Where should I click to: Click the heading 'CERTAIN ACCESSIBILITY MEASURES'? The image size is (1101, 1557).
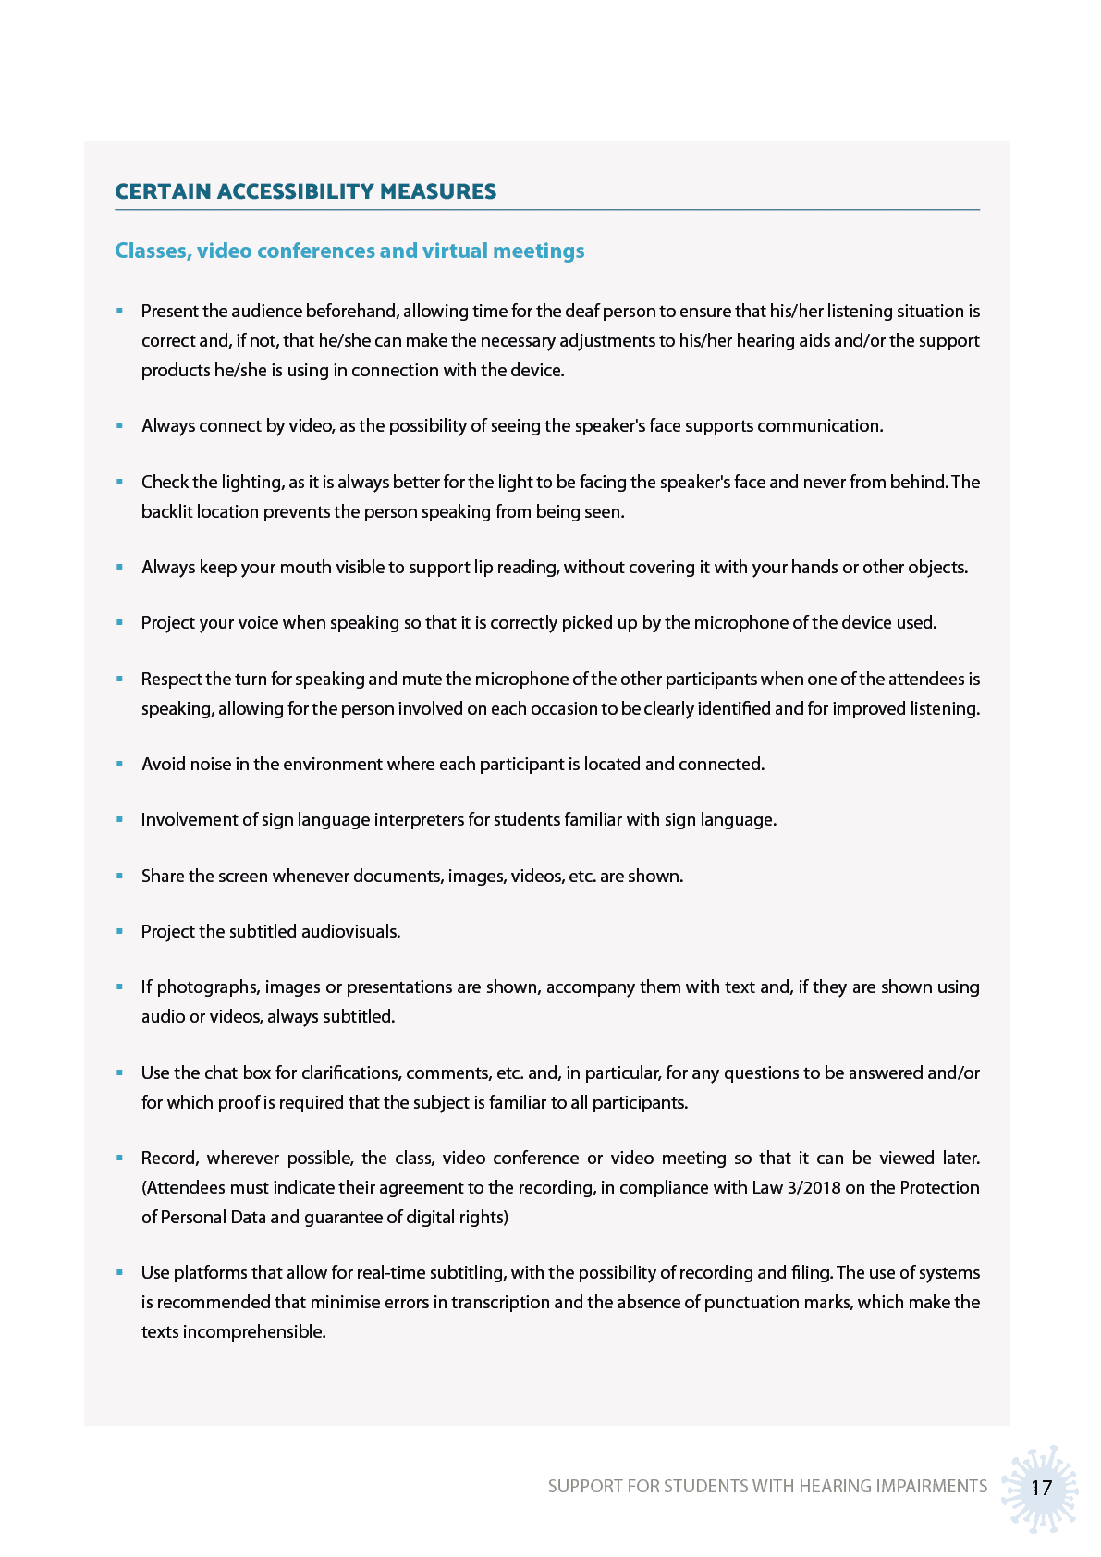305,191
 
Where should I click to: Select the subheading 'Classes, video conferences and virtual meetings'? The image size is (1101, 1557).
349,251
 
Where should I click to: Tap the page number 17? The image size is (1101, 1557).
1041,1488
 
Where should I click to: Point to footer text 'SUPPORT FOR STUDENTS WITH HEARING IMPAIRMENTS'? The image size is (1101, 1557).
767,1486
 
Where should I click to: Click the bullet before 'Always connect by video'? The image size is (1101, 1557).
119,426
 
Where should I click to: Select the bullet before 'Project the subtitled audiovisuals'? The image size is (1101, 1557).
119,931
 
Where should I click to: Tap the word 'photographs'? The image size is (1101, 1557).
208,987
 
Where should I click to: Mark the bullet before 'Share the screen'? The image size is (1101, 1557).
119,876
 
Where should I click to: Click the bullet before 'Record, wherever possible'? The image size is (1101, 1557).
119,1158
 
